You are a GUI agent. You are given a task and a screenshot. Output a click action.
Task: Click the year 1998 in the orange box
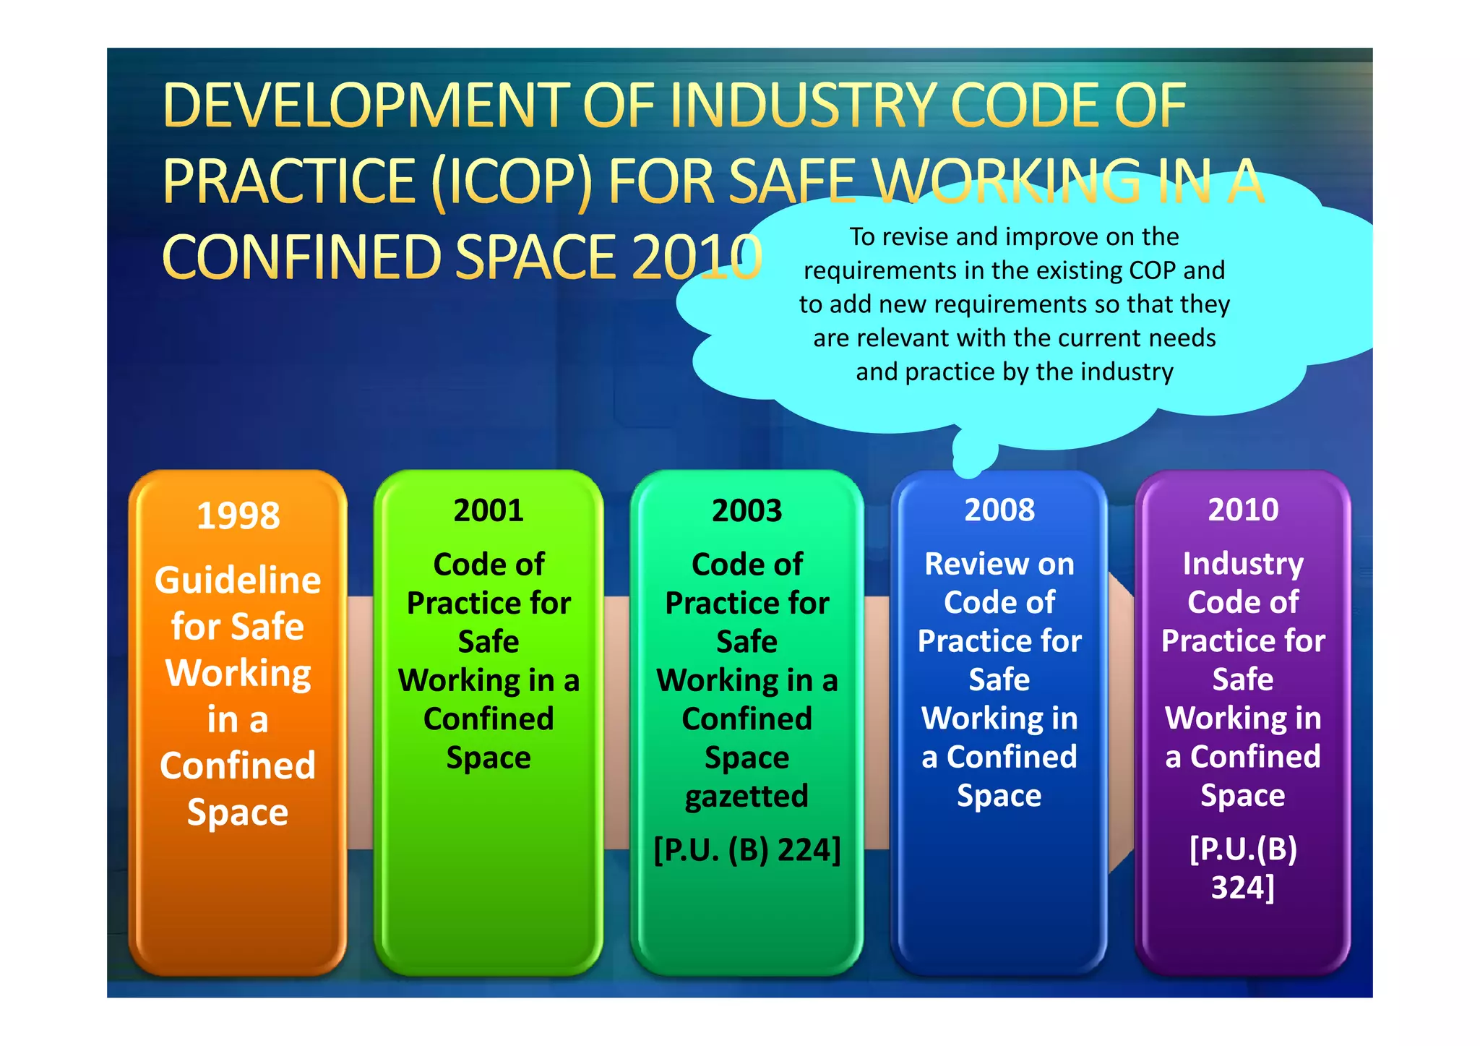[238, 516]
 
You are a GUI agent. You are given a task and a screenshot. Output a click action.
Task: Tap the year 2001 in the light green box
[489, 510]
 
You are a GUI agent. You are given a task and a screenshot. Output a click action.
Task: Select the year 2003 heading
[747, 510]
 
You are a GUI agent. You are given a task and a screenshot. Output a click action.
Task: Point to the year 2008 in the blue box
[999, 510]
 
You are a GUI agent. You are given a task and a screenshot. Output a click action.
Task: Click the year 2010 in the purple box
[1243, 510]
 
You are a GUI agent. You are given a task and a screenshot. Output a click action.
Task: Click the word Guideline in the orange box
[238, 580]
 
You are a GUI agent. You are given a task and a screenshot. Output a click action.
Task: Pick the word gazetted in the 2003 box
[747, 796]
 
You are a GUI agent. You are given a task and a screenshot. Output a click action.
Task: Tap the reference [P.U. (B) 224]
[747, 849]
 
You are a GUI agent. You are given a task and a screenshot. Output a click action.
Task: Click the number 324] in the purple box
[1243, 887]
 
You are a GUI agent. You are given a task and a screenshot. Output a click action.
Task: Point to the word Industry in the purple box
[1243, 564]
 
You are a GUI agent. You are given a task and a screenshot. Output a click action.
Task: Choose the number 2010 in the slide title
[697, 257]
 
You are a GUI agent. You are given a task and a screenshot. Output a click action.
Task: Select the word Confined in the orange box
[238, 766]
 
